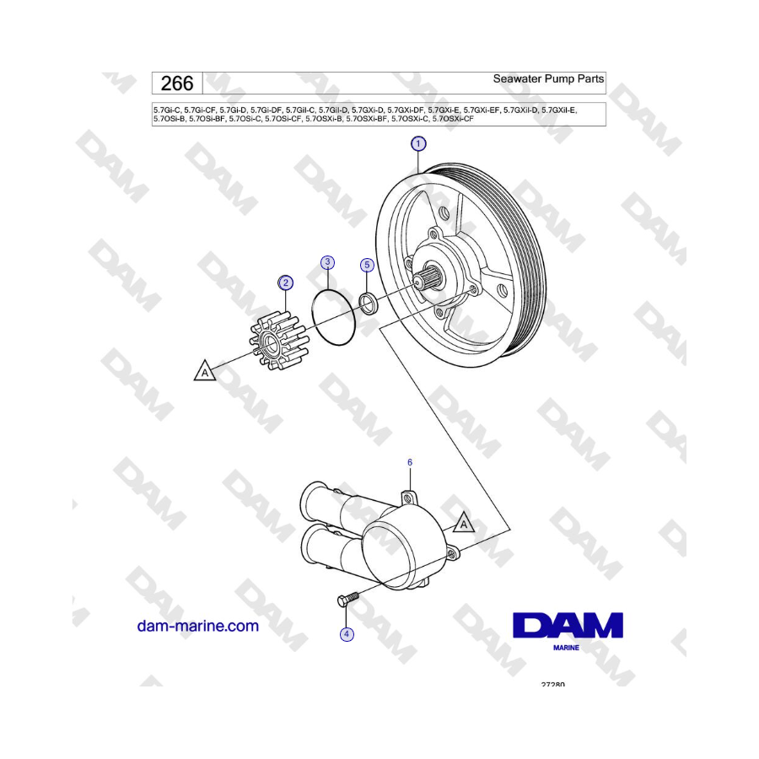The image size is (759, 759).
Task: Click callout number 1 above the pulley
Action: pyautogui.click(x=418, y=143)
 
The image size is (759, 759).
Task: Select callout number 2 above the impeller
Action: pyautogui.click(x=286, y=283)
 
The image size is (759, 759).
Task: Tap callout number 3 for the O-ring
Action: pyautogui.click(x=328, y=262)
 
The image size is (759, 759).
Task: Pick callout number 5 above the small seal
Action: pyautogui.click(x=367, y=265)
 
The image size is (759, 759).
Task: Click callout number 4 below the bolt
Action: pyautogui.click(x=347, y=634)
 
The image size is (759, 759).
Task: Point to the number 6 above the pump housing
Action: pyautogui.click(x=410, y=462)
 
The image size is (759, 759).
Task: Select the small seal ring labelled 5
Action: pyautogui.click(x=369, y=303)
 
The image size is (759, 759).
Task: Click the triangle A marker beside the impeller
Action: pyautogui.click(x=205, y=372)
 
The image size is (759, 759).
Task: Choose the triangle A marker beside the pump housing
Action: pyautogui.click(x=464, y=523)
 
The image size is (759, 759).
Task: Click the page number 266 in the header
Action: pyautogui.click(x=177, y=83)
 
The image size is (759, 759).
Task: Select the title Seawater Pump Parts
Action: pyautogui.click(x=548, y=78)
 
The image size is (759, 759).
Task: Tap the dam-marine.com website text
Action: pyautogui.click(x=198, y=626)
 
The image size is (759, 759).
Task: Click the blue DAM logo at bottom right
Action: pyautogui.click(x=568, y=625)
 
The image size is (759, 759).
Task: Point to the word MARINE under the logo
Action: pyautogui.click(x=567, y=648)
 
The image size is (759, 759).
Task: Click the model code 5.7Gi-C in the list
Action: pyautogui.click(x=166, y=110)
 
